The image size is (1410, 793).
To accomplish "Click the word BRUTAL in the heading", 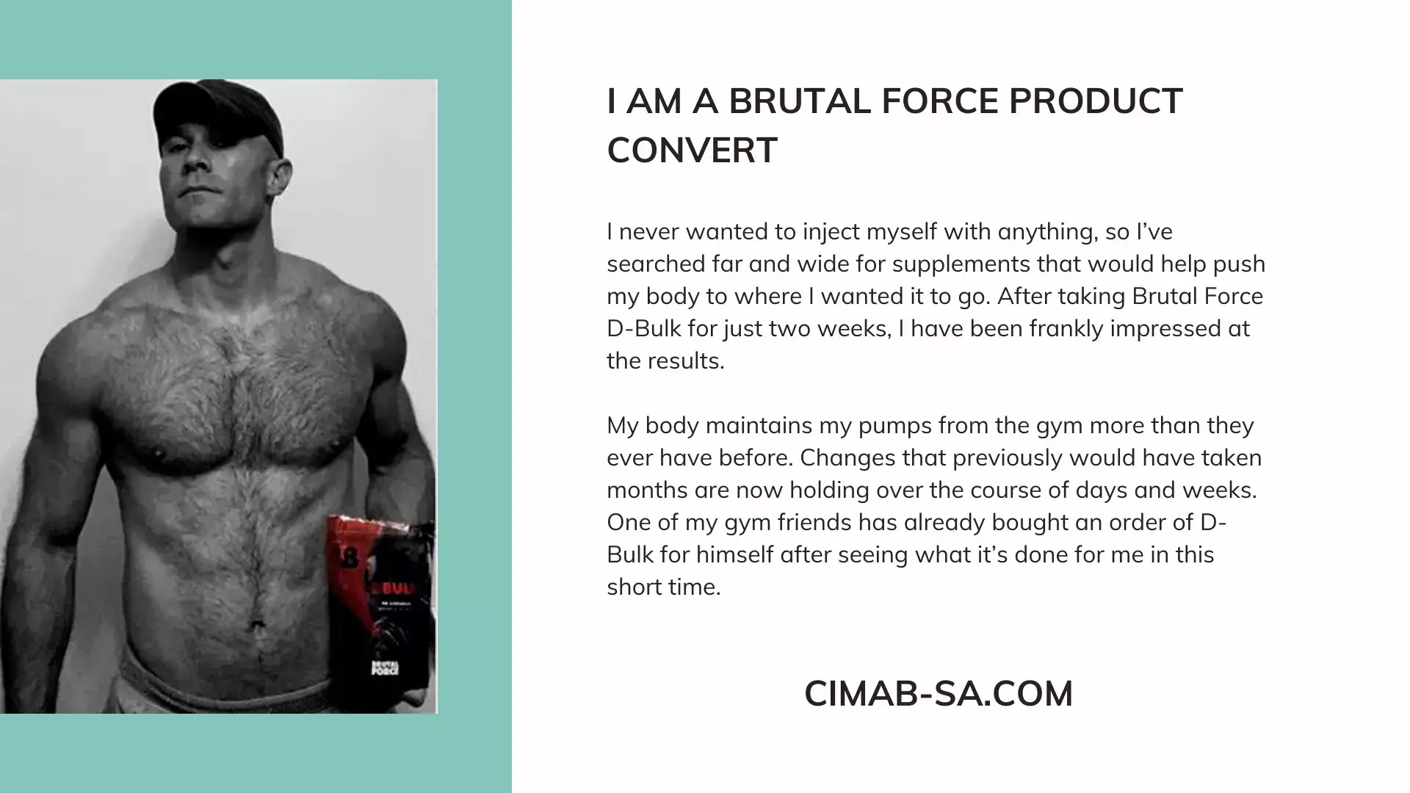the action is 800,101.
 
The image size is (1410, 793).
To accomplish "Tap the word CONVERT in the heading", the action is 692,151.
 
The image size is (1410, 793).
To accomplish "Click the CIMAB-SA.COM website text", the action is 939,694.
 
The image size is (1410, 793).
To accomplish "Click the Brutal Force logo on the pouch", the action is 385,667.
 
